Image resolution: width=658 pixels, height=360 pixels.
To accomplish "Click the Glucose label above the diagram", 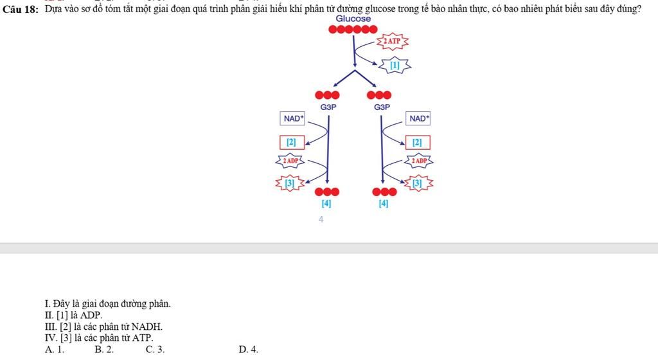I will pyautogui.click(x=353, y=19).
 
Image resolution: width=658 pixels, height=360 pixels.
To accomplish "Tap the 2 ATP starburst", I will pyautogui.click(x=392, y=41).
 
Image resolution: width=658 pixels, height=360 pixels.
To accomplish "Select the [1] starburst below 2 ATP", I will pyautogui.click(x=395, y=65).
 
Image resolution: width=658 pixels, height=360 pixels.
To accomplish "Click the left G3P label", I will pyautogui.click(x=328, y=107).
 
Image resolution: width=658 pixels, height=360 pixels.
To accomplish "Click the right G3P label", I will pyautogui.click(x=382, y=107).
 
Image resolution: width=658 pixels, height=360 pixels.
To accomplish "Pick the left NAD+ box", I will pyautogui.click(x=292, y=119).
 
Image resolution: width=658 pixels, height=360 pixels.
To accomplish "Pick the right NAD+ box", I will pyautogui.click(x=418, y=119).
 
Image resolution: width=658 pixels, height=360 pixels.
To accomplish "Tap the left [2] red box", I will pyautogui.click(x=291, y=142).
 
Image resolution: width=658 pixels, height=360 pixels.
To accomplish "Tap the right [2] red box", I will pyautogui.click(x=418, y=142).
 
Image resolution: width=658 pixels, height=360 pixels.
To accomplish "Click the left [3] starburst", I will pyautogui.click(x=290, y=184).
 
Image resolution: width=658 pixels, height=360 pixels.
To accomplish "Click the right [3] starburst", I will pyautogui.click(x=418, y=184).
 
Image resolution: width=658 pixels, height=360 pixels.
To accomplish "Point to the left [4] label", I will pyautogui.click(x=326, y=204).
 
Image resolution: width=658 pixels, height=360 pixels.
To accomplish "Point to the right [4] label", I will pyautogui.click(x=384, y=204).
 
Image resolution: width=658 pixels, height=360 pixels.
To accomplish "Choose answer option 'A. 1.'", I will pyautogui.click(x=55, y=350).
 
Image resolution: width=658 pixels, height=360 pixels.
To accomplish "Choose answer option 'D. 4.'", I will pyautogui.click(x=248, y=350).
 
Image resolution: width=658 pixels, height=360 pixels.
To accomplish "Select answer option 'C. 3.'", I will pyautogui.click(x=155, y=350).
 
